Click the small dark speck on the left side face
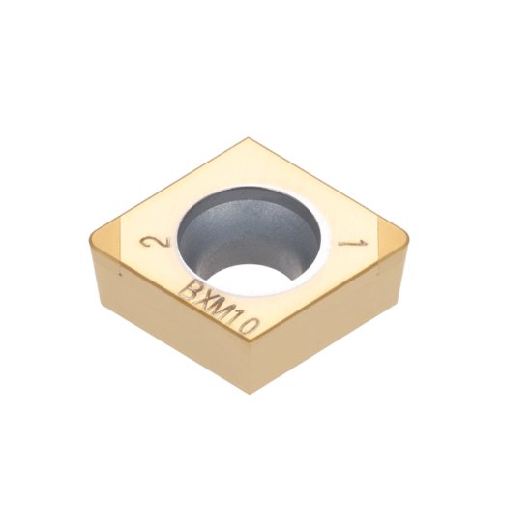click(x=120, y=275)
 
